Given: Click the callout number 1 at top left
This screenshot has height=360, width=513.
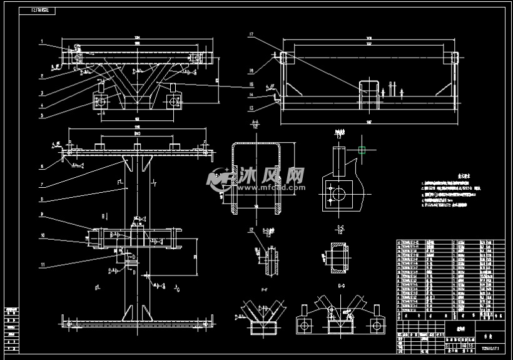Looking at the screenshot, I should pyautogui.click(x=41, y=42).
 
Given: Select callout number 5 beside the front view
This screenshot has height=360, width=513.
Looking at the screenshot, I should pyautogui.click(x=41, y=115).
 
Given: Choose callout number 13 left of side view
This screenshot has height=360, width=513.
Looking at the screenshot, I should pyautogui.click(x=250, y=108).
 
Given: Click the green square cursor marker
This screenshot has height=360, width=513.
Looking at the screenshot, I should pyautogui.click(x=362, y=150).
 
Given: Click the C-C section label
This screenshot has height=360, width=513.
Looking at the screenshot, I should pyautogui.click(x=341, y=228).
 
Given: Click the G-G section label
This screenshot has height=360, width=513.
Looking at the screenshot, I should pyautogui.click(x=341, y=285).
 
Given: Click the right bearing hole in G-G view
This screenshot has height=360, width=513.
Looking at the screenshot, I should pyautogui.click(x=377, y=325).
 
